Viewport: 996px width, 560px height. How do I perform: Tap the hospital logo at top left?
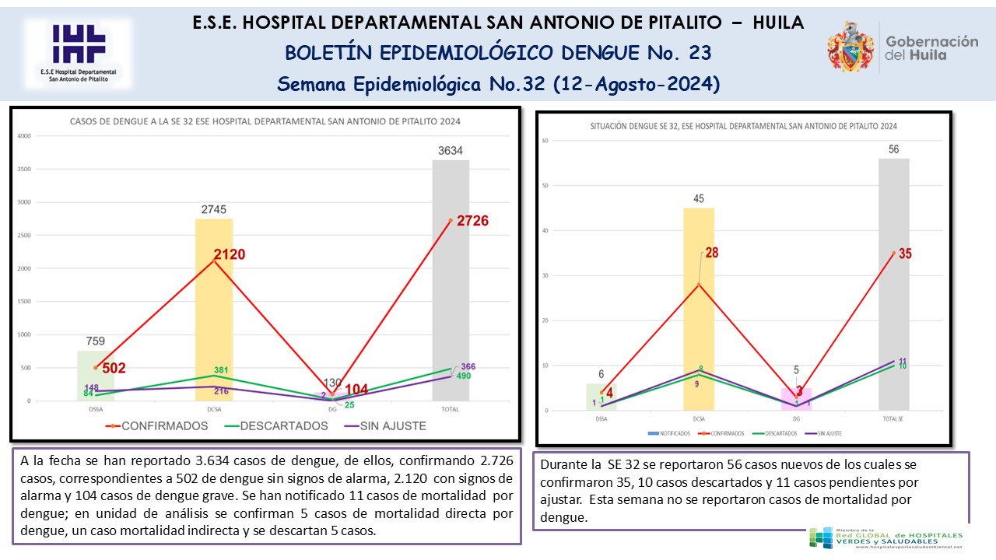pyautogui.click(x=78, y=53)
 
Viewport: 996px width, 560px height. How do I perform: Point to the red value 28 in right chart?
pyautogui.click(x=712, y=253)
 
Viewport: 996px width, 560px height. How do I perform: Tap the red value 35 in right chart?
pyautogui.click(x=904, y=254)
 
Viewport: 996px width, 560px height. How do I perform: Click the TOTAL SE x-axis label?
pyautogui.click(x=893, y=419)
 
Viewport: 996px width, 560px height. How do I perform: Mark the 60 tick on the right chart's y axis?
pyautogui.click(x=546, y=141)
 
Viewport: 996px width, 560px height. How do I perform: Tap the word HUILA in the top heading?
pyautogui.click(x=778, y=23)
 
